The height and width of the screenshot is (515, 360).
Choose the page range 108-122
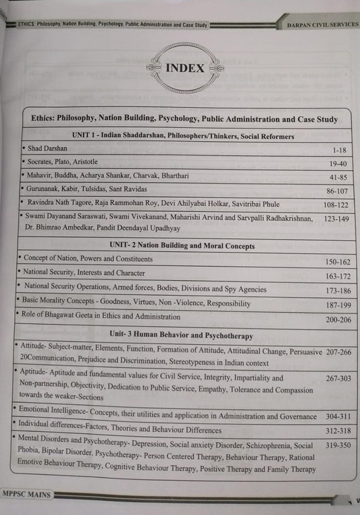pyautogui.click(x=329, y=205)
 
